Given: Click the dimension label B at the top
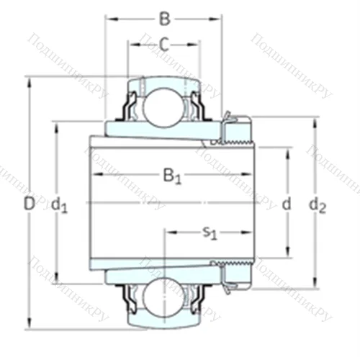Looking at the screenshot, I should pyautogui.click(x=165, y=17).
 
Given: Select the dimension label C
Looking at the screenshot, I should pyautogui.click(x=165, y=45).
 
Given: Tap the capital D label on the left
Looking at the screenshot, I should pyautogui.click(x=28, y=204).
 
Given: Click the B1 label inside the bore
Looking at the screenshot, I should pyautogui.click(x=171, y=175).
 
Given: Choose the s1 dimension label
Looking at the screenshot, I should pyautogui.click(x=210, y=232).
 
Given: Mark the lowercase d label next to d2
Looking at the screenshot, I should pyautogui.click(x=286, y=204).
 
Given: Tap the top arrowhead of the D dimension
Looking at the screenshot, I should pyautogui.click(x=29, y=79).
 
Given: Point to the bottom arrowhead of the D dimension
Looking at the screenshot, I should pyautogui.click(x=29, y=325).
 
